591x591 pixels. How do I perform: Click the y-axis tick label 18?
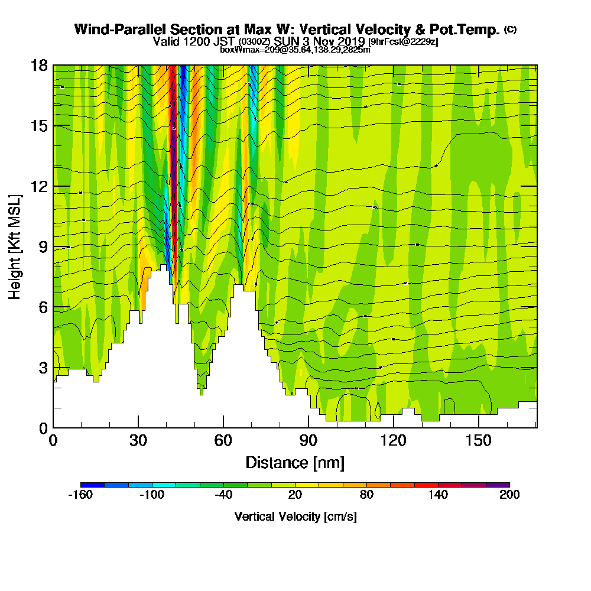(x=40, y=66)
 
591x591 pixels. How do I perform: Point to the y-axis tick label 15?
(x=40, y=126)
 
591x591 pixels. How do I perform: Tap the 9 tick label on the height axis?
(x=44, y=246)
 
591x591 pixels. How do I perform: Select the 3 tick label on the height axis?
(x=44, y=368)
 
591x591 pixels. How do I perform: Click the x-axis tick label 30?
(x=138, y=440)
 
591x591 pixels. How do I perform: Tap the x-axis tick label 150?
(x=478, y=440)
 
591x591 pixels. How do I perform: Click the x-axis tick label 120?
(x=393, y=440)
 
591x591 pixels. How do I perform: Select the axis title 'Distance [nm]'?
(x=295, y=462)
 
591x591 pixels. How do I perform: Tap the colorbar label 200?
(x=509, y=495)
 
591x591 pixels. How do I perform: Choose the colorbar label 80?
(x=366, y=495)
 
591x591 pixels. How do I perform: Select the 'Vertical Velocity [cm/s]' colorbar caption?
(x=295, y=517)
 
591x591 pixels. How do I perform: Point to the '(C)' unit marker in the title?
(x=510, y=30)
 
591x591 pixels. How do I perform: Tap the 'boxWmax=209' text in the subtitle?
(x=245, y=50)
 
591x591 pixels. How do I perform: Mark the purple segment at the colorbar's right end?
(x=498, y=485)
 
